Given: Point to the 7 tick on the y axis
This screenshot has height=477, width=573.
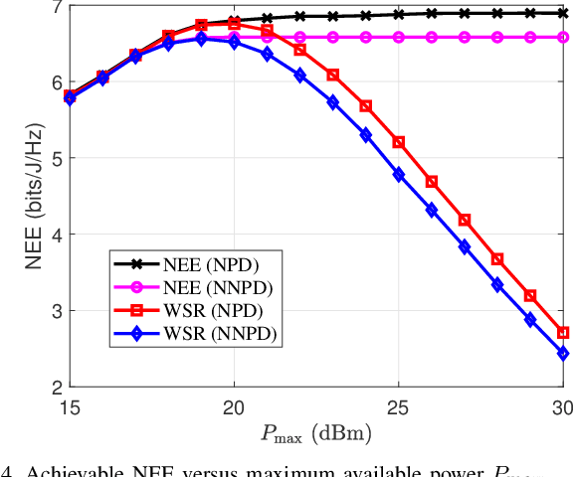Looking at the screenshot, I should click(56, 7).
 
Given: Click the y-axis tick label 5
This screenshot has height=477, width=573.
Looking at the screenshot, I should click(56, 159).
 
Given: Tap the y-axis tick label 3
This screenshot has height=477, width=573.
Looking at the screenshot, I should click(56, 311).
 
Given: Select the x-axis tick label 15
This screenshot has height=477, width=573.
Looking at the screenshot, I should click(69, 407).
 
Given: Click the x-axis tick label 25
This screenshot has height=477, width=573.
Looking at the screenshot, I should click(398, 407).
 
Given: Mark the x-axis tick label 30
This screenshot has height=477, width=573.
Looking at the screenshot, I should click(562, 407).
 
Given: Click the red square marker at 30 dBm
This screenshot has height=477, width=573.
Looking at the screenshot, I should click(563, 333).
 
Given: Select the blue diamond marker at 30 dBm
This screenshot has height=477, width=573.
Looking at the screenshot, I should click(563, 353).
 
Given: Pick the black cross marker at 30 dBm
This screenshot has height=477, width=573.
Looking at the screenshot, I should click(563, 13).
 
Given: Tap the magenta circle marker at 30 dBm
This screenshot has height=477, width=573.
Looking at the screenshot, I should click(563, 37).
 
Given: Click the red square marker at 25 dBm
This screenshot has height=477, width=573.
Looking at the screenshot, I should click(399, 142).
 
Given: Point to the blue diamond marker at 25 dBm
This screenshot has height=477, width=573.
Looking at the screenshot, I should click(399, 175).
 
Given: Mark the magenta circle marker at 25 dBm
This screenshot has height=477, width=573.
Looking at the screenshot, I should click(399, 37).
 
